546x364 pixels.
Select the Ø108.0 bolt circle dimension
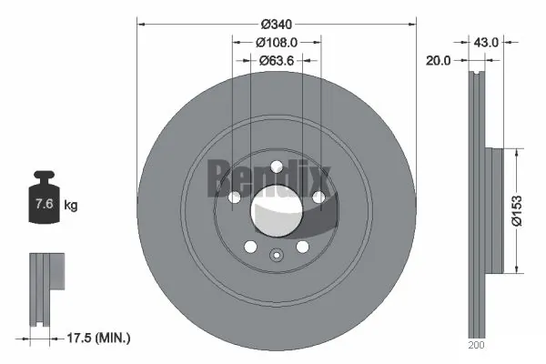[277, 42]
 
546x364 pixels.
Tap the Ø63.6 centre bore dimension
[277, 61]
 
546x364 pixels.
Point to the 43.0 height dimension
[488, 42]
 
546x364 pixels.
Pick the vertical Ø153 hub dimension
[516, 209]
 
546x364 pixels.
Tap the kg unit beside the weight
[71, 207]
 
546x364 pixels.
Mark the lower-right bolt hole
[303, 247]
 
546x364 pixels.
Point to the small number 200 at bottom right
[478, 347]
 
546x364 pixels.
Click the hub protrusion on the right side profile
[492, 209]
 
